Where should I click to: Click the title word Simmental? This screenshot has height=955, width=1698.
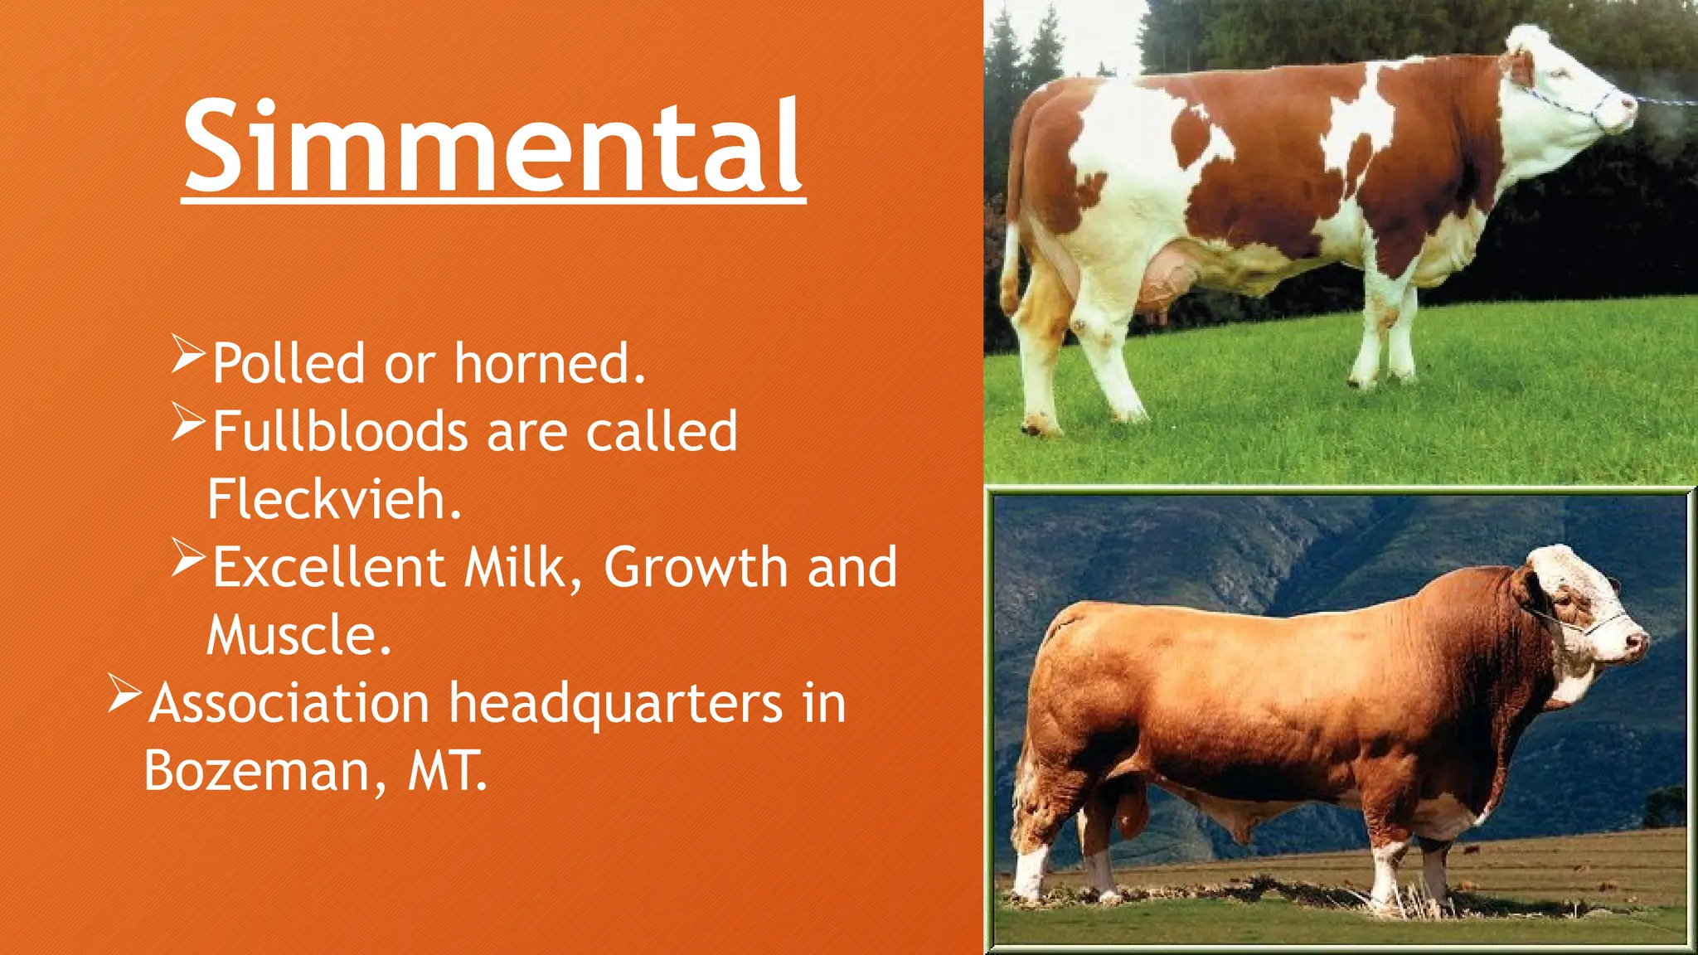tap(492, 146)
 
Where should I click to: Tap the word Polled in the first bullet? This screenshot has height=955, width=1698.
tap(288, 364)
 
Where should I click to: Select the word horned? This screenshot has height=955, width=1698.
tap(549, 364)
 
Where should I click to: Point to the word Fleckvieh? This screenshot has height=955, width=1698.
tap(333, 500)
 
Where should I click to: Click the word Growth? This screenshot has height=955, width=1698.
tap(696, 568)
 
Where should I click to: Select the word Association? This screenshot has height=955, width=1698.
tap(289, 704)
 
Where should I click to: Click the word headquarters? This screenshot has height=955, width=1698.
tap(615, 705)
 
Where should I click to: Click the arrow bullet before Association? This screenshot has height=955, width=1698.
tap(124, 694)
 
